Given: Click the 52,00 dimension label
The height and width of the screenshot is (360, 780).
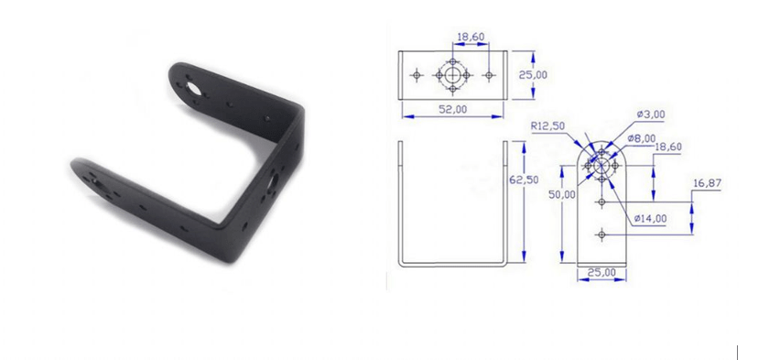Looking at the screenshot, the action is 452,110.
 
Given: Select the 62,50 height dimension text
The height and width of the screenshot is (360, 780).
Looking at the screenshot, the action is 524,180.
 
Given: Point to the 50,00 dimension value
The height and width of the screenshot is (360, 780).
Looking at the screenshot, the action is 562,194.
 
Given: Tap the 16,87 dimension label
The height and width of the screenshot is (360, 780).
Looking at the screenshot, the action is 707,184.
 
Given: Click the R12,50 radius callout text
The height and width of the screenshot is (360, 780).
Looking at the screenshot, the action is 547,126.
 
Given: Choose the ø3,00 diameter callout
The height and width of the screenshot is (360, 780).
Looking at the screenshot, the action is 651,115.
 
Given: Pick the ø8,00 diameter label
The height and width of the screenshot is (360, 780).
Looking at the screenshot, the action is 641,138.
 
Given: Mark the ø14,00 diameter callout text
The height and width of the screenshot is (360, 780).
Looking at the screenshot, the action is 650,218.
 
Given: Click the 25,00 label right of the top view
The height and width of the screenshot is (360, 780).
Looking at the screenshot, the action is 533,75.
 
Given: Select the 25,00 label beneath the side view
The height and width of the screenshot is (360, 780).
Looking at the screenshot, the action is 601,272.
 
